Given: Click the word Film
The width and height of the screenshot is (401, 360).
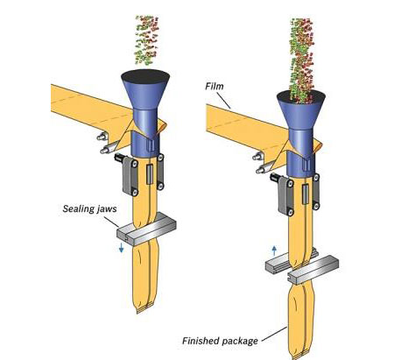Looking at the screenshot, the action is tap(215, 87).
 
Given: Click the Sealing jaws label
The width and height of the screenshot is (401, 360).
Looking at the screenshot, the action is tap(89, 208).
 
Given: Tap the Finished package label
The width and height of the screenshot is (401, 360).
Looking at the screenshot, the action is tap(220, 341).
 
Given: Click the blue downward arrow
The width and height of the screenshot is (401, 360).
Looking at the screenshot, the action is tap(122, 248).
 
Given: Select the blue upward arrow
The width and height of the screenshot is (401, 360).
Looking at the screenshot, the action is tap(274, 251).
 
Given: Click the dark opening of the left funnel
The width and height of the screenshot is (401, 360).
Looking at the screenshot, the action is tap(145, 77).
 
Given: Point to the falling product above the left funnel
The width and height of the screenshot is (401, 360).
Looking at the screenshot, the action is tap(147, 39).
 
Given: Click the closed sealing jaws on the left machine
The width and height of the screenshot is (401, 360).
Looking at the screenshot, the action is tap(146, 230).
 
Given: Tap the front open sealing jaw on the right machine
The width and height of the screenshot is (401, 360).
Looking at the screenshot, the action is tap(313, 268).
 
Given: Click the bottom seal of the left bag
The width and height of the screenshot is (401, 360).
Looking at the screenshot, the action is tap(145, 309).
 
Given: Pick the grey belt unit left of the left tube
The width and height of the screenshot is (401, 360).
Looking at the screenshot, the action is tap(129, 177).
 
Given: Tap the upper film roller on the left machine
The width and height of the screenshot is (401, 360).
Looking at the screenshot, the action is tap(102, 137).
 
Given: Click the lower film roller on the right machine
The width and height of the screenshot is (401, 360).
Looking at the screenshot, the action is tap(261, 170).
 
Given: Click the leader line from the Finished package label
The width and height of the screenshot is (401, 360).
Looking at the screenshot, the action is tap(274, 334).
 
